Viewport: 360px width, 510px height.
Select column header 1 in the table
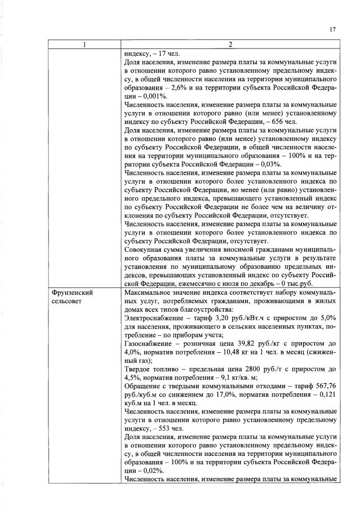click(x=85, y=46)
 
